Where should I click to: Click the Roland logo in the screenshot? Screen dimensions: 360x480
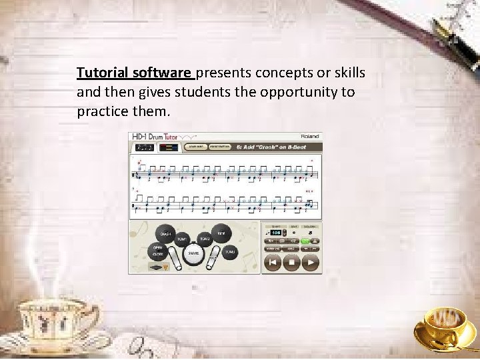(x=309, y=137)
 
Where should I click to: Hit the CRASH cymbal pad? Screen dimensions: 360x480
(x=165, y=234)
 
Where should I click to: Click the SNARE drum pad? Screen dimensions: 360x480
(x=193, y=254)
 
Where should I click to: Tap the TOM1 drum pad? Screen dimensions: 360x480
(x=183, y=238)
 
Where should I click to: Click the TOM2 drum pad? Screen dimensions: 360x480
(x=204, y=238)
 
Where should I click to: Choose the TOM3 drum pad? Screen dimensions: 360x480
(x=229, y=251)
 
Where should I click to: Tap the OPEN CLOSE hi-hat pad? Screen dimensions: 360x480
(x=158, y=251)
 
